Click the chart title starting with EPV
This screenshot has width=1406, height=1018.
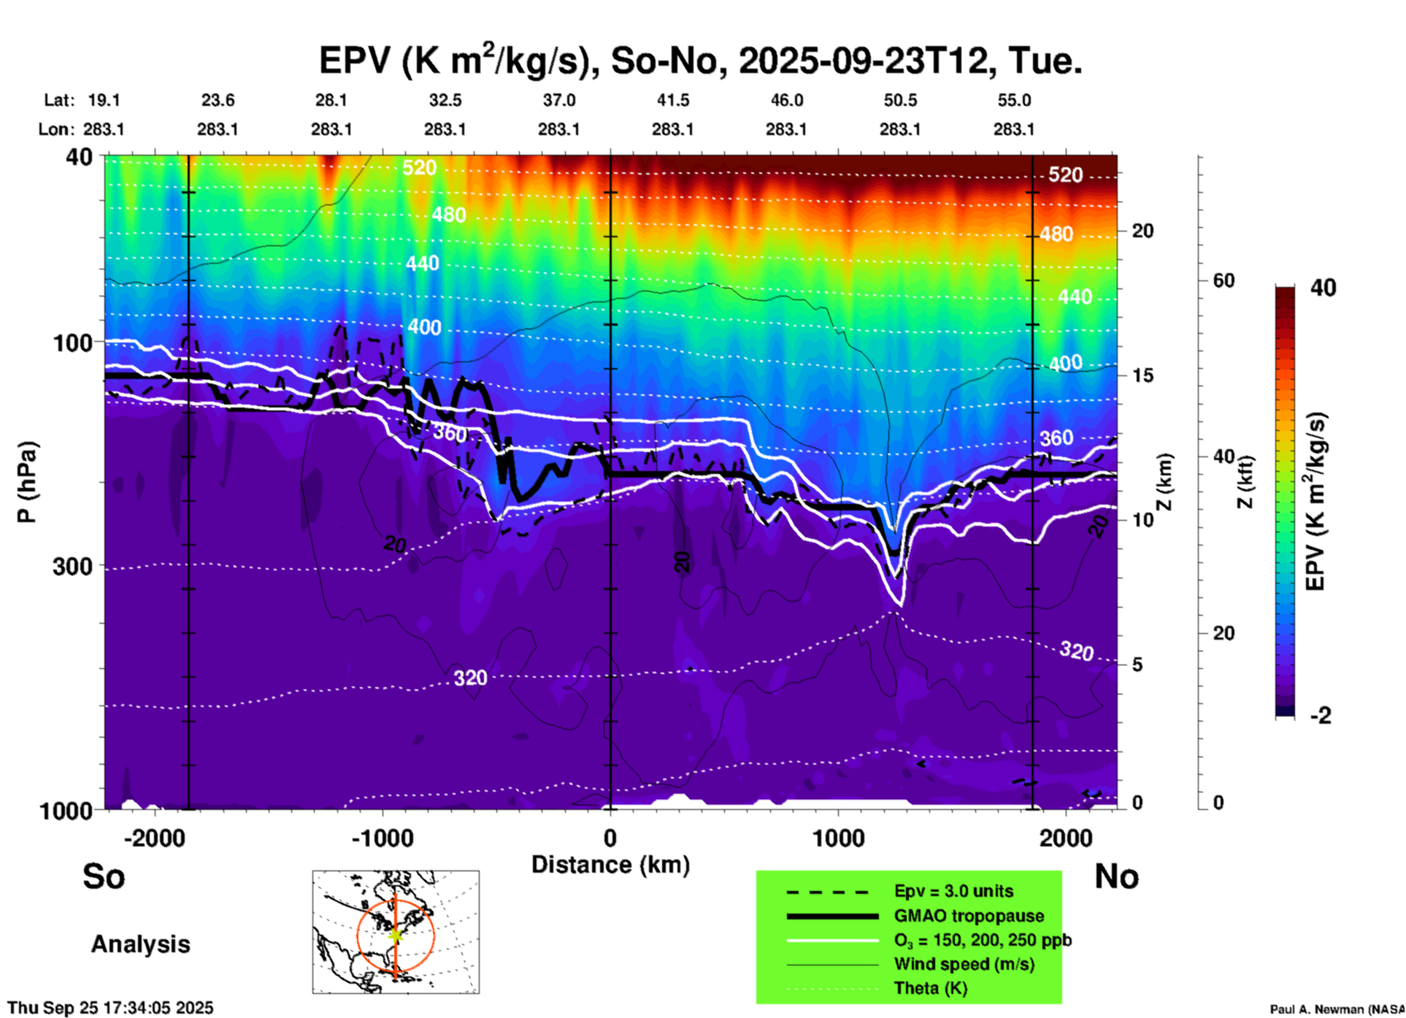[700, 60]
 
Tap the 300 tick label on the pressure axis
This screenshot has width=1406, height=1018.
[72, 566]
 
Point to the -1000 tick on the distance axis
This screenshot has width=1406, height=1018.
[382, 838]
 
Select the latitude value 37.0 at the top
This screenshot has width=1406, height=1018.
[558, 100]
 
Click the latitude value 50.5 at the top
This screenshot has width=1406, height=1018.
[899, 100]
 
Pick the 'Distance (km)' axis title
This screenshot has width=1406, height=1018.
[610, 865]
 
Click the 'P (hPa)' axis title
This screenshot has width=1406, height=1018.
[27, 482]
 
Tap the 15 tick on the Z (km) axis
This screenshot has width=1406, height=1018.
[1142, 375]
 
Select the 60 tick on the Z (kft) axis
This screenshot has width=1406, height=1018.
[1223, 280]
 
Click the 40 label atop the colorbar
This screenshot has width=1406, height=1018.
[1323, 288]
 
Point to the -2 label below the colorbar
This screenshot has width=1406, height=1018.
[1321, 716]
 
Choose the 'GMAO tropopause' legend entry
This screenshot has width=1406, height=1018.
[969, 916]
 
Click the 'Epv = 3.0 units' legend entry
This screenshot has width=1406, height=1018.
[953, 892]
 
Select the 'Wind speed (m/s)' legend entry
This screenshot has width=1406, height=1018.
[964, 964]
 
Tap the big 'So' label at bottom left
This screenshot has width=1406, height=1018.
[104, 876]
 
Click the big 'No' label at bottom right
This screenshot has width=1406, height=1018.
[1116, 876]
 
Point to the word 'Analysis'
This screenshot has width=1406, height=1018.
[140, 944]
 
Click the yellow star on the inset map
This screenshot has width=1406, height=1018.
[396, 935]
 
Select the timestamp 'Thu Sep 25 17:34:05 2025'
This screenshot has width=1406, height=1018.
[110, 1008]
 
